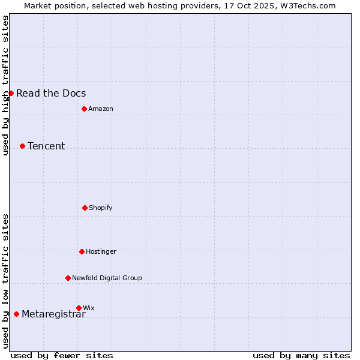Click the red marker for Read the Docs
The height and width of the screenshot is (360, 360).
11,93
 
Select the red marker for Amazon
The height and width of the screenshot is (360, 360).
84,109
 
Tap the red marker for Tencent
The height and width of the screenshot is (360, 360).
22,146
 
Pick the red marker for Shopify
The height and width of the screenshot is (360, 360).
85,208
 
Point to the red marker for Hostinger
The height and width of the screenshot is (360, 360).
82,251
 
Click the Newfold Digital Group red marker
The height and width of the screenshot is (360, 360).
68,278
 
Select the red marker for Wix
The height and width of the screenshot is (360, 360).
79,308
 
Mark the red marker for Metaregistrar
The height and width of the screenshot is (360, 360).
16,314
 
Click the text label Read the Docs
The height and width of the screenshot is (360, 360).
51,93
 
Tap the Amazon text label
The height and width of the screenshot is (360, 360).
101,109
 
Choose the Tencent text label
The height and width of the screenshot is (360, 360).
46,146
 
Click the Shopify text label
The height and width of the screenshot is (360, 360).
101,208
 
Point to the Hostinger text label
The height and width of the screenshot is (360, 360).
101,251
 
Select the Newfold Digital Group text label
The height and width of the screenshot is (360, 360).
107,278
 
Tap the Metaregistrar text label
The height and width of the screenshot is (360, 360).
53,314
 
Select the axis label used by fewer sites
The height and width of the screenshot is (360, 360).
62,355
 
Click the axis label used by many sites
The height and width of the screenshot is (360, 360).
301,355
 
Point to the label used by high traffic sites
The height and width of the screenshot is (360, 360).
5,85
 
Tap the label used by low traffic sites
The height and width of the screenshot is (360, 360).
5,281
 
